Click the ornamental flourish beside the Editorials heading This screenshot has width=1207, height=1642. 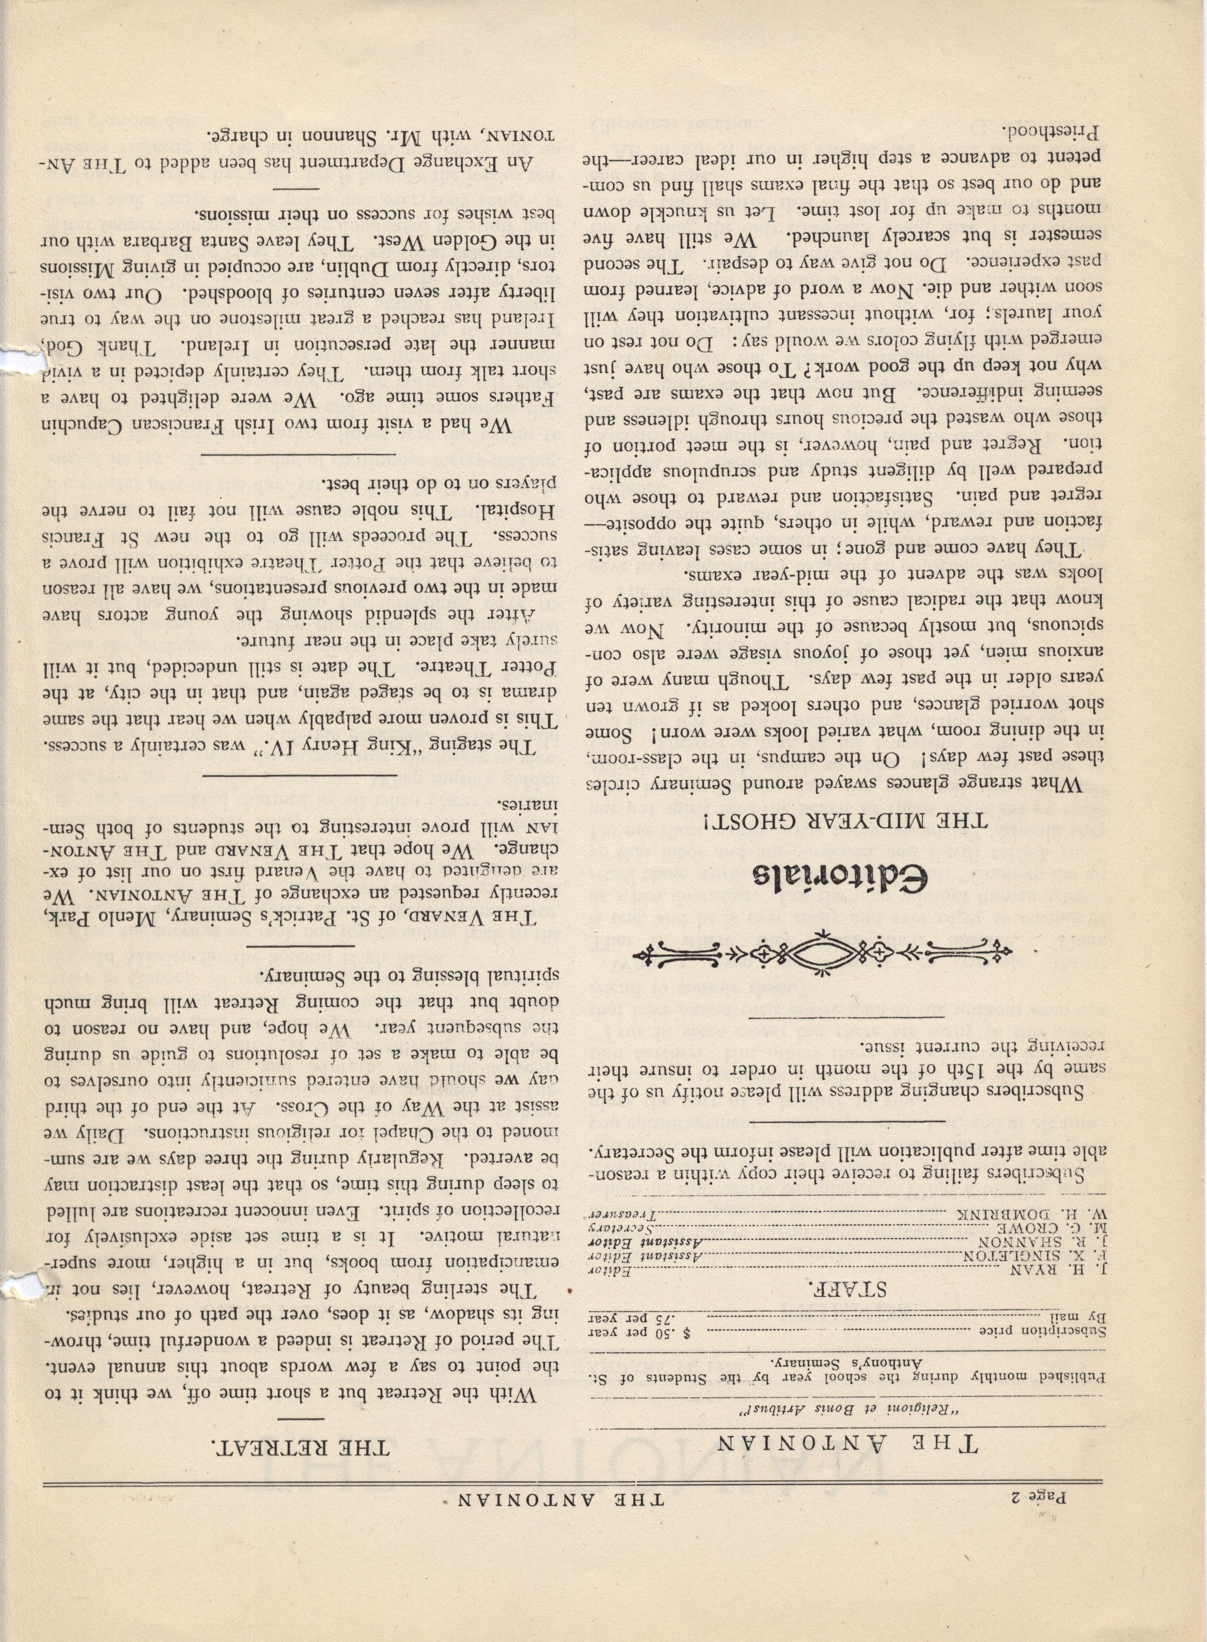(822, 953)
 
